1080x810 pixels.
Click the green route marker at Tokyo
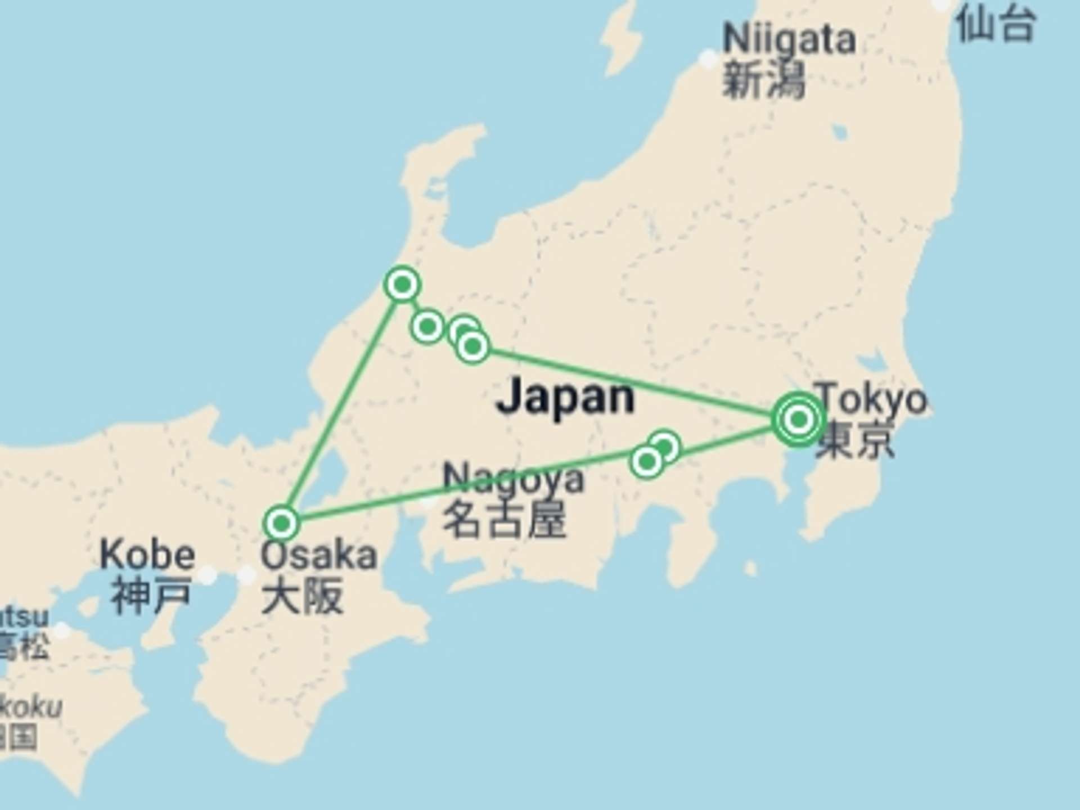click(799, 420)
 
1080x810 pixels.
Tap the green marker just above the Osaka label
click(281, 524)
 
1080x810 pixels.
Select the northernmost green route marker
click(403, 285)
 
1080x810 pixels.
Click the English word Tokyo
click(871, 399)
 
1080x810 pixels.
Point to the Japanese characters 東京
click(855, 439)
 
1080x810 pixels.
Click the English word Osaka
click(318, 556)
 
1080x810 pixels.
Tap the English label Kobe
click(148, 555)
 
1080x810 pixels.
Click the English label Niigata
click(789, 39)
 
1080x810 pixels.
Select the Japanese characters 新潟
click(763, 80)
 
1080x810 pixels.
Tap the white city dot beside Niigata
click(708, 57)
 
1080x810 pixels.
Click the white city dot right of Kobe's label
click(208, 575)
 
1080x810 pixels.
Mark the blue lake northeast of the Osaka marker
click(332, 470)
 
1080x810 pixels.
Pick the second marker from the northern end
click(427, 326)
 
